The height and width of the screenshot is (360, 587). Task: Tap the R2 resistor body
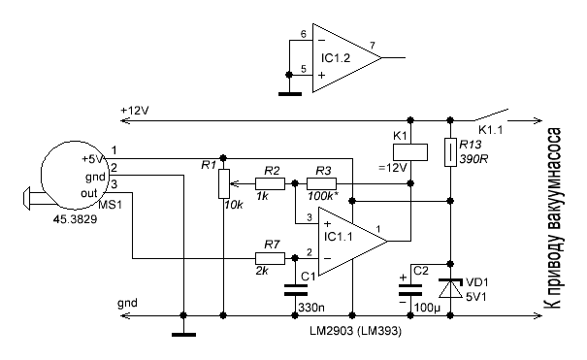(x=270, y=183)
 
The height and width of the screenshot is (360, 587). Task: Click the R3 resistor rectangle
(x=321, y=183)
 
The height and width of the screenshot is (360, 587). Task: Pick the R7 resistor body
(x=270, y=258)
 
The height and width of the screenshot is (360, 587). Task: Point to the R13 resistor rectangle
(x=450, y=152)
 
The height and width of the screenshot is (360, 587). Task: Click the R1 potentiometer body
(x=223, y=183)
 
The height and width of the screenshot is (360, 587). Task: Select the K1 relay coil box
(x=410, y=152)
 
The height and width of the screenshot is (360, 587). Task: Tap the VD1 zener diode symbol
(x=451, y=288)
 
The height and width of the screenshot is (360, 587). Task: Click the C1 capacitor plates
(x=295, y=290)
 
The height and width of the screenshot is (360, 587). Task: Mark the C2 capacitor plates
(x=410, y=290)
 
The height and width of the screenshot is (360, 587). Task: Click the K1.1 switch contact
(x=492, y=115)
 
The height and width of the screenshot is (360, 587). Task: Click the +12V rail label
(x=135, y=111)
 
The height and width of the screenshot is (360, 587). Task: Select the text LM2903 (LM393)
(x=355, y=331)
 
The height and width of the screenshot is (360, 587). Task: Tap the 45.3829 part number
(x=75, y=219)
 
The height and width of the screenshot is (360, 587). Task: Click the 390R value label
(x=473, y=159)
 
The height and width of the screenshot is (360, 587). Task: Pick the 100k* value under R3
(x=320, y=196)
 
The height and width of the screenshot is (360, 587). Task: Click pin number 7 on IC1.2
(x=373, y=46)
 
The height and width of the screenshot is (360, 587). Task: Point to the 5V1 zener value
(x=476, y=297)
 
